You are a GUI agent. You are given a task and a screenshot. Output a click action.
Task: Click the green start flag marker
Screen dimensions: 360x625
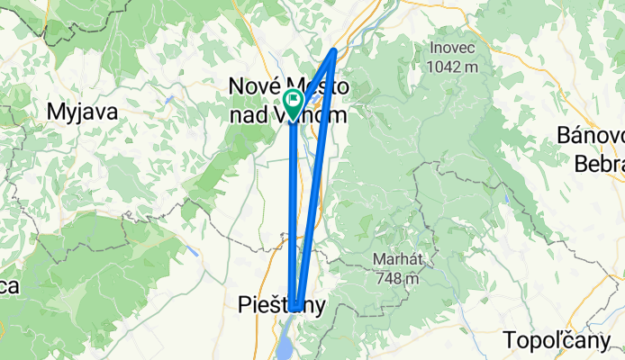pyautogui.click(x=294, y=103)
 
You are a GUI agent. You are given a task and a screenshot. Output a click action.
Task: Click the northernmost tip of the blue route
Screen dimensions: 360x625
pyautogui.click(x=335, y=50)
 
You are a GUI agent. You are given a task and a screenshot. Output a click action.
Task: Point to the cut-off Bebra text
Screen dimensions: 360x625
pyautogui.click(x=599, y=162)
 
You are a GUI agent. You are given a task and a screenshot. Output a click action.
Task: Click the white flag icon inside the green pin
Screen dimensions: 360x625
pyautogui.click(x=294, y=99)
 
